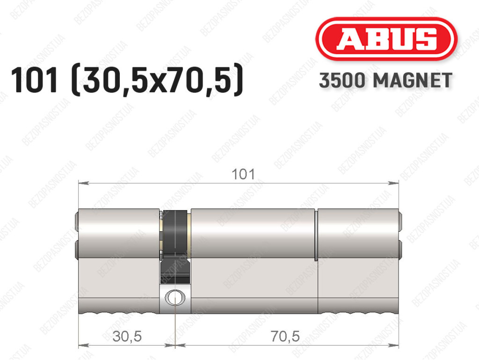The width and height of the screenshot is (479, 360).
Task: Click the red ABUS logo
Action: coord(386,39)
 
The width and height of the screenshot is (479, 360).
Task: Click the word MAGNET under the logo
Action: coord(413,81)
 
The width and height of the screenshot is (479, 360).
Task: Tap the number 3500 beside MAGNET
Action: coord(342,81)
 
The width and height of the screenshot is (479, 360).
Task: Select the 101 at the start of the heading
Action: coord(34,80)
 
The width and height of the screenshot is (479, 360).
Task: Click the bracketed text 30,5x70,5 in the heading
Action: coord(157,81)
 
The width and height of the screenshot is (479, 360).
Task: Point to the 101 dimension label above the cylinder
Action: coord(243,175)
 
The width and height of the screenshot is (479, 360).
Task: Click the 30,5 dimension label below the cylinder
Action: coord(127,337)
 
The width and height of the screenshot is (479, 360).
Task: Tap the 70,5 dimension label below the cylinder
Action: coord(285,337)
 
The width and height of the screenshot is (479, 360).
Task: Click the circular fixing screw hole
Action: coord(175,297)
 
